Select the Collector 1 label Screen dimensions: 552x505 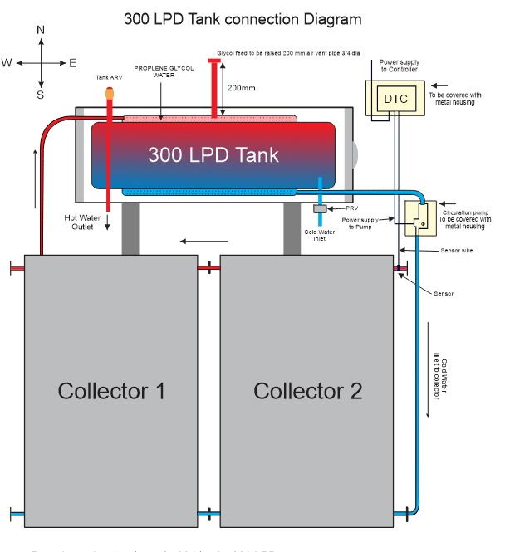pos(110,391)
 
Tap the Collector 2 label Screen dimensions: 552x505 pos(308,391)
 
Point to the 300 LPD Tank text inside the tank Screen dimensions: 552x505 pos(213,155)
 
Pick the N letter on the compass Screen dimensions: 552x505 pos(41,30)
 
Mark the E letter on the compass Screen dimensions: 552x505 pos(73,62)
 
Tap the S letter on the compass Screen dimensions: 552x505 pos(40,94)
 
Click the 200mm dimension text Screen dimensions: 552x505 pos(241,87)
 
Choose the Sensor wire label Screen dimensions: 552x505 pos(433,250)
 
